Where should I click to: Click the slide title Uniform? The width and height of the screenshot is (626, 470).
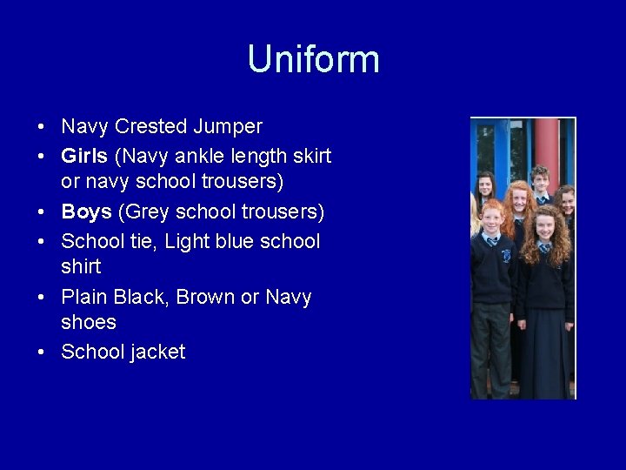tap(313, 59)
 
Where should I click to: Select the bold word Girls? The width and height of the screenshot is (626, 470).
tap(83, 156)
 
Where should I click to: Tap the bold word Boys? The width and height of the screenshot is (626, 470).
tap(86, 211)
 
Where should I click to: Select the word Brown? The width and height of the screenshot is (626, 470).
tap(204, 297)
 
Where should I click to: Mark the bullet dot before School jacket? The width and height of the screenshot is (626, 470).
tap(42, 352)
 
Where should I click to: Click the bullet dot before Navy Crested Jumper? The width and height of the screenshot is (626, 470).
tap(42, 127)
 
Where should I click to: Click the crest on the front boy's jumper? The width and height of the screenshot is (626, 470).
tap(506, 256)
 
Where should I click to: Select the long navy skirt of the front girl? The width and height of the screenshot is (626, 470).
tap(544, 348)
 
